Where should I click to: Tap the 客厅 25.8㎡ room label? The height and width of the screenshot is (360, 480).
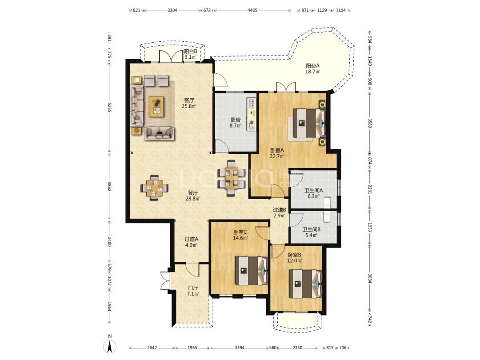(189, 103)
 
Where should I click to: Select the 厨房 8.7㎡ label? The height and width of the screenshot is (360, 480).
(236, 123)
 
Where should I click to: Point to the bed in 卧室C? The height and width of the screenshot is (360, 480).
(251, 270)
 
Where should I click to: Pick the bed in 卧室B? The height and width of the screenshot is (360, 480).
(305, 284)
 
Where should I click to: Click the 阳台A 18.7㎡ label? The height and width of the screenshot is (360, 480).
(312, 68)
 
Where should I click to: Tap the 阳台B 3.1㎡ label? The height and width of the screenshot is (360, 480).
(190, 54)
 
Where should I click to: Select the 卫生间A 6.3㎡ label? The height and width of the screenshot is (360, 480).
(313, 193)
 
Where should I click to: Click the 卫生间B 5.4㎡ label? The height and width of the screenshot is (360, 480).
(312, 232)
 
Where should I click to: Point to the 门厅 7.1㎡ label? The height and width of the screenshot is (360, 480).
(193, 291)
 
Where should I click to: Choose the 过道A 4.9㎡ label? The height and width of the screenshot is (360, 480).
(191, 242)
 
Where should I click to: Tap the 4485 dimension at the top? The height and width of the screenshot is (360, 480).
(252, 10)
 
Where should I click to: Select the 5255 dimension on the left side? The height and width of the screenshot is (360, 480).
(109, 107)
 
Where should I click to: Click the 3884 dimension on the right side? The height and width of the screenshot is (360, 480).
(370, 278)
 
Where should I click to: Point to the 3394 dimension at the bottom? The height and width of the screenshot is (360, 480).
(240, 348)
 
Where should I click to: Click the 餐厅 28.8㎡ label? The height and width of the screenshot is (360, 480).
(193, 196)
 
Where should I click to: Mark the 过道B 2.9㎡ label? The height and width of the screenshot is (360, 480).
(279, 213)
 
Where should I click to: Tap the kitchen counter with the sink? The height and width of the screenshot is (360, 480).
(251, 114)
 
